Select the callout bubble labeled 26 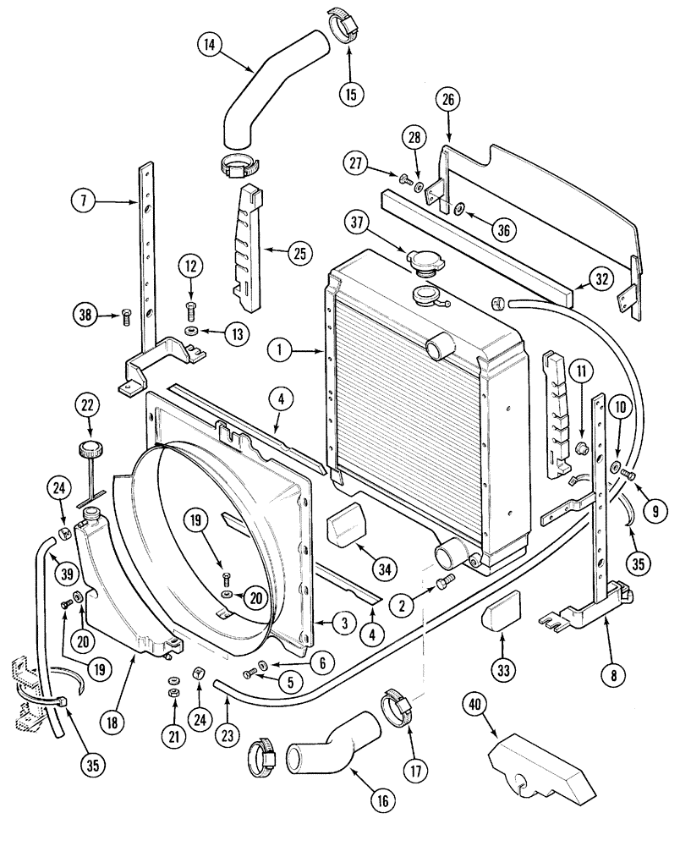coord(447,100)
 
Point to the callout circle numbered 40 coord(476,705)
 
